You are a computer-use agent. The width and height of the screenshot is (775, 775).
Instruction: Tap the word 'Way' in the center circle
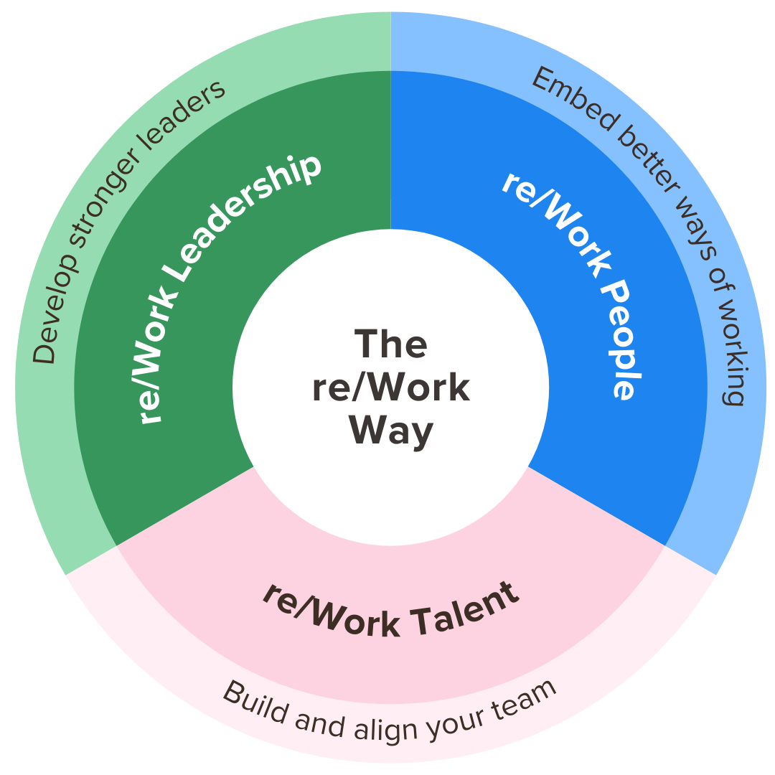click(x=391, y=431)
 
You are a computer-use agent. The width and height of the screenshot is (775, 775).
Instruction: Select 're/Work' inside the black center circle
click(x=391, y=387)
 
